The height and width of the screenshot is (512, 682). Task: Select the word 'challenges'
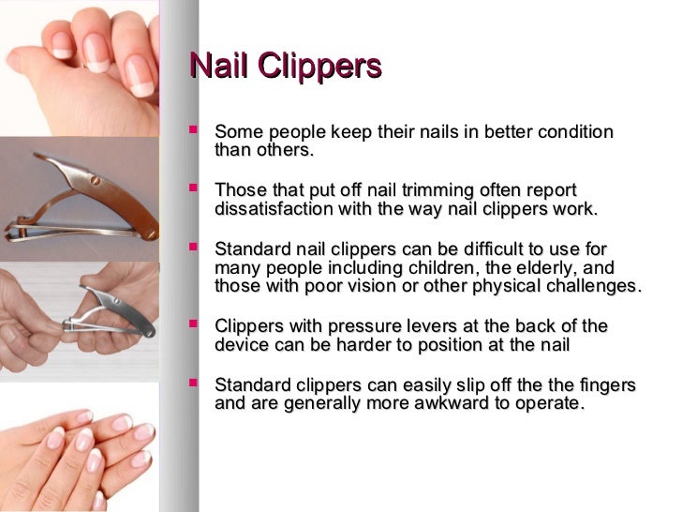591,286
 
